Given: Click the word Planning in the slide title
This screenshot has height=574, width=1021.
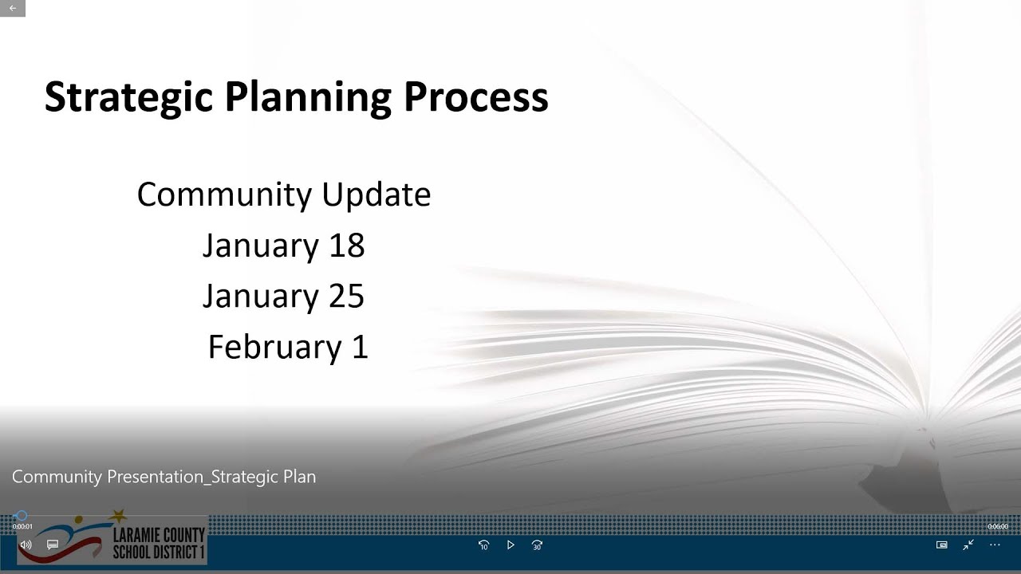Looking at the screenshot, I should pyautogui.click(x=307, y=97).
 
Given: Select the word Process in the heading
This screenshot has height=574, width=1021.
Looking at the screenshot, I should pyautogui.click(x=475, y=97).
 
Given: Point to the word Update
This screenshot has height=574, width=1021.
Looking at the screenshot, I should pyautogui.click(x=376, y=195).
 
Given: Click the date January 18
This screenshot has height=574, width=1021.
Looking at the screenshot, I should pyautogui.click(x=283, y=246).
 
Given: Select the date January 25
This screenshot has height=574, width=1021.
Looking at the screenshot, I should pyautogui.click(x=283, y=297).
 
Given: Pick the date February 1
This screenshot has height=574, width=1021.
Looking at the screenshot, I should pyautogui.click(x=287, y=348).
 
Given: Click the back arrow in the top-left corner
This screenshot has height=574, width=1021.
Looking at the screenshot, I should pyautogui.click(x=13, y=8).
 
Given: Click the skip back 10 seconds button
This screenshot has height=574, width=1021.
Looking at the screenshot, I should pyautogui.click(x=483, y=545).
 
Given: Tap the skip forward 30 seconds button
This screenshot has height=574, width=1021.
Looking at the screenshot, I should pyautogui.click(x=537, y=545).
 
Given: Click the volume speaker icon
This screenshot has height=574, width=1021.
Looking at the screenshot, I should pyautogui.click(x=26, y=545).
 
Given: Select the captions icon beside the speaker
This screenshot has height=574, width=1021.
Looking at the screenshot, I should pyautogui.click(x=53, y=545).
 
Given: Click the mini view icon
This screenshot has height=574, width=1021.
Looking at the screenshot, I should pyautogui.click(x=941, y=545).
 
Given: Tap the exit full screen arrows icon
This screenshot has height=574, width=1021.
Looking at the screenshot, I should pyautogui.click(x=968, y=545).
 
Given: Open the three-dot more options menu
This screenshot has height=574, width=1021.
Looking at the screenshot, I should pyautogui.click(x=995, y=545).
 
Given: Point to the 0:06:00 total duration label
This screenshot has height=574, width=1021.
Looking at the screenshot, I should pyautogui.click(x=997, y=526).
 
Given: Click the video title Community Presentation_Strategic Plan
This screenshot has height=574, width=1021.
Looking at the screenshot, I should pyautogui.click(x=164, y=477).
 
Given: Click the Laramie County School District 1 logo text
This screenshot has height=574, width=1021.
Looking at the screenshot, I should pyautogui.click(x=159, y=543).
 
